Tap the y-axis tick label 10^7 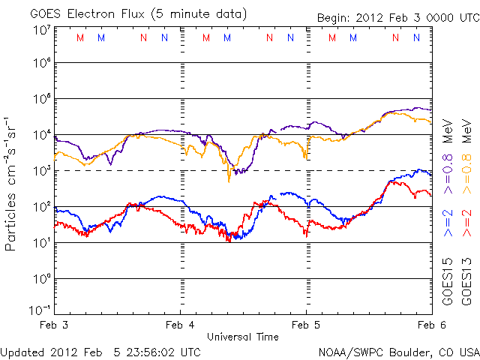(41, 29)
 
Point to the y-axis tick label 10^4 (41, 134)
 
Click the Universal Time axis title (243, 337)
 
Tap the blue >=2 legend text (448, 223)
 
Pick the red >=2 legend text (466, 223)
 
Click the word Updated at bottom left (22, 351)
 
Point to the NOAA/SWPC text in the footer (347, 351)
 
